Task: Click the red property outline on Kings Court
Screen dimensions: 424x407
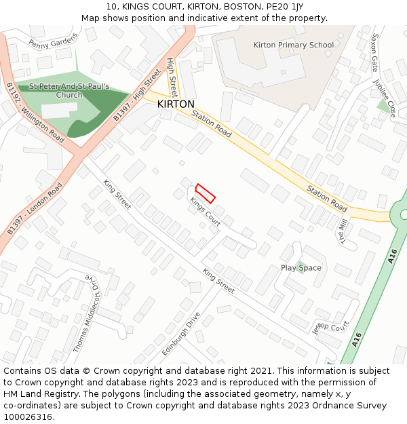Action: tap(206, 193)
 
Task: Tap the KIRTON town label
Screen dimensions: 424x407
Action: tap(176, 104)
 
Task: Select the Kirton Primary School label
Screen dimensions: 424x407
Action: tap(294, 45)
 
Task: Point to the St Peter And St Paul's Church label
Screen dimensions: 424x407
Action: tap(69, 91)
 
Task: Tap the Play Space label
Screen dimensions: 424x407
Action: tap(301, 268)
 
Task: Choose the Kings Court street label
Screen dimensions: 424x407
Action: tap(206, 211)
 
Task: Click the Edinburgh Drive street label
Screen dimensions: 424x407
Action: tap(182, 334)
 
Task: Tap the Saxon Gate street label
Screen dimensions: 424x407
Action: tap(374, 52)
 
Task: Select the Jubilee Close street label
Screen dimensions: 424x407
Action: tap(383, 99)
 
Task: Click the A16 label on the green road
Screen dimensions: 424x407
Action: tap(393, 256)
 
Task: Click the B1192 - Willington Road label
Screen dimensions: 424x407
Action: tap(36, 113)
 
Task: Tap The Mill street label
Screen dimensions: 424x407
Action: tap(343, 231)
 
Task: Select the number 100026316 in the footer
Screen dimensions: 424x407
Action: tap(28, 417)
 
